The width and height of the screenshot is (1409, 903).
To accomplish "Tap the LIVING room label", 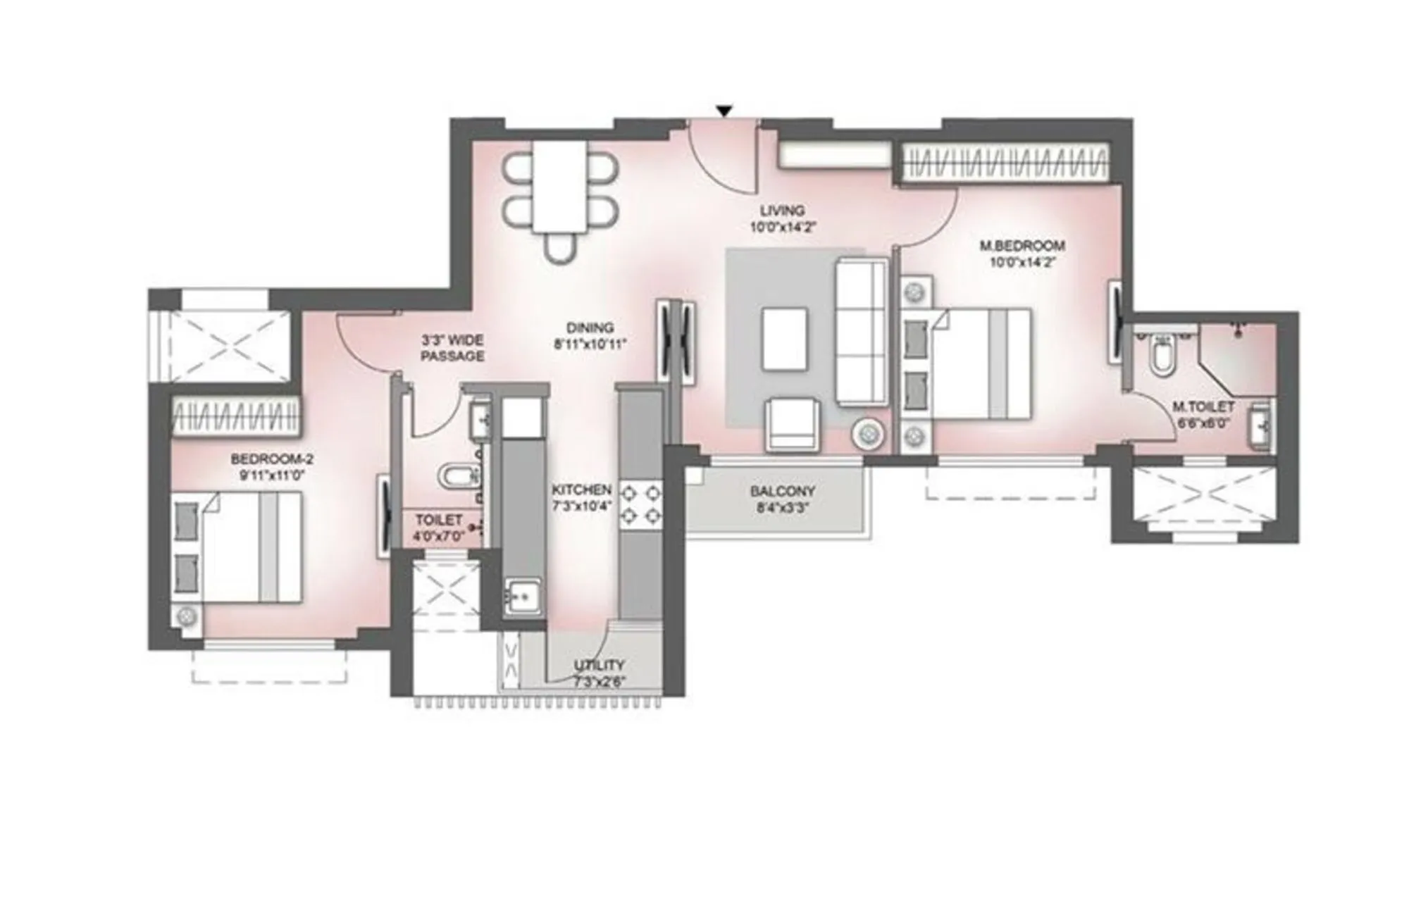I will click(782, 211).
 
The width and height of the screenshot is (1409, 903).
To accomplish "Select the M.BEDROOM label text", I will click(1022, 247).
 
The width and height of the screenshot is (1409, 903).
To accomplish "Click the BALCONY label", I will click(782, 491).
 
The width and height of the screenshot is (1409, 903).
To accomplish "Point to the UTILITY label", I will click(599, 665).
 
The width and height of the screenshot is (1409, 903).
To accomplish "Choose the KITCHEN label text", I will click(581, 490).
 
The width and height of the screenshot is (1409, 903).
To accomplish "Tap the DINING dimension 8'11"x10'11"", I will click(590, 344).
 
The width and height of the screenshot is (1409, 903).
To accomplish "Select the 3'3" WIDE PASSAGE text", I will click(452, 348).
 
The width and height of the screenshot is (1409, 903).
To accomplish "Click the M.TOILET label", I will click(1203, 407).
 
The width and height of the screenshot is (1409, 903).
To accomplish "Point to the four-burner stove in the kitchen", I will click(640, 504).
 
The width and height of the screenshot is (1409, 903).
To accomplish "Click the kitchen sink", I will click(522, 597).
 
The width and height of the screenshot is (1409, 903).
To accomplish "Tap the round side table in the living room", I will click(867, 433).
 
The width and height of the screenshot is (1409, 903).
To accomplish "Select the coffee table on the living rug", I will click(784, 338).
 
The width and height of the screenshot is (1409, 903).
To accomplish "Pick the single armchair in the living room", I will click(793, 424).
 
